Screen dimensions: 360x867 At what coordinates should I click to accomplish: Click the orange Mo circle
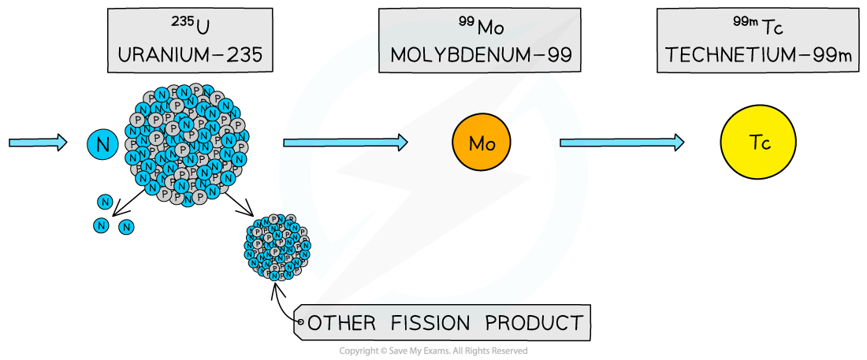(481, 143)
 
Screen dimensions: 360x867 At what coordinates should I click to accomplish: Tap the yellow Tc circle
(757, 143)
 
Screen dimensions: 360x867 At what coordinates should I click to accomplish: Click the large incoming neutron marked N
(102, 143)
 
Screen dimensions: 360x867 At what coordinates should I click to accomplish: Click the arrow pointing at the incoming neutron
(37, 143)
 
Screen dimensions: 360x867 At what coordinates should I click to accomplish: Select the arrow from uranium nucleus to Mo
(344, 143)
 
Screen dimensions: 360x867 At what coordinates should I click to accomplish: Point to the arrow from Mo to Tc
(621, 143)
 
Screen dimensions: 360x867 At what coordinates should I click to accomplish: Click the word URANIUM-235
(190, 55)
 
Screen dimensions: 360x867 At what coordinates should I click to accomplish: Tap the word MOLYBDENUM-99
(480, 55)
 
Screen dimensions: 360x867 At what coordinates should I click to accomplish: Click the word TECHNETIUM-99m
(758, 55)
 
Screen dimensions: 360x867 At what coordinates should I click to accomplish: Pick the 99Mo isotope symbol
(481, 27)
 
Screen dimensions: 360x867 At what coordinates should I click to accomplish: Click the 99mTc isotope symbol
(757, 27)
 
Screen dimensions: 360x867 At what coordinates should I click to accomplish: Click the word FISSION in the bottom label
(428, 323)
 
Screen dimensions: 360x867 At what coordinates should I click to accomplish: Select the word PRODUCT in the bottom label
(534, 323)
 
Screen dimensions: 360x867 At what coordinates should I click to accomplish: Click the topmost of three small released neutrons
(105, 202)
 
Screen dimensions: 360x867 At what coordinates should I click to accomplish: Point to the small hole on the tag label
(300, 321)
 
